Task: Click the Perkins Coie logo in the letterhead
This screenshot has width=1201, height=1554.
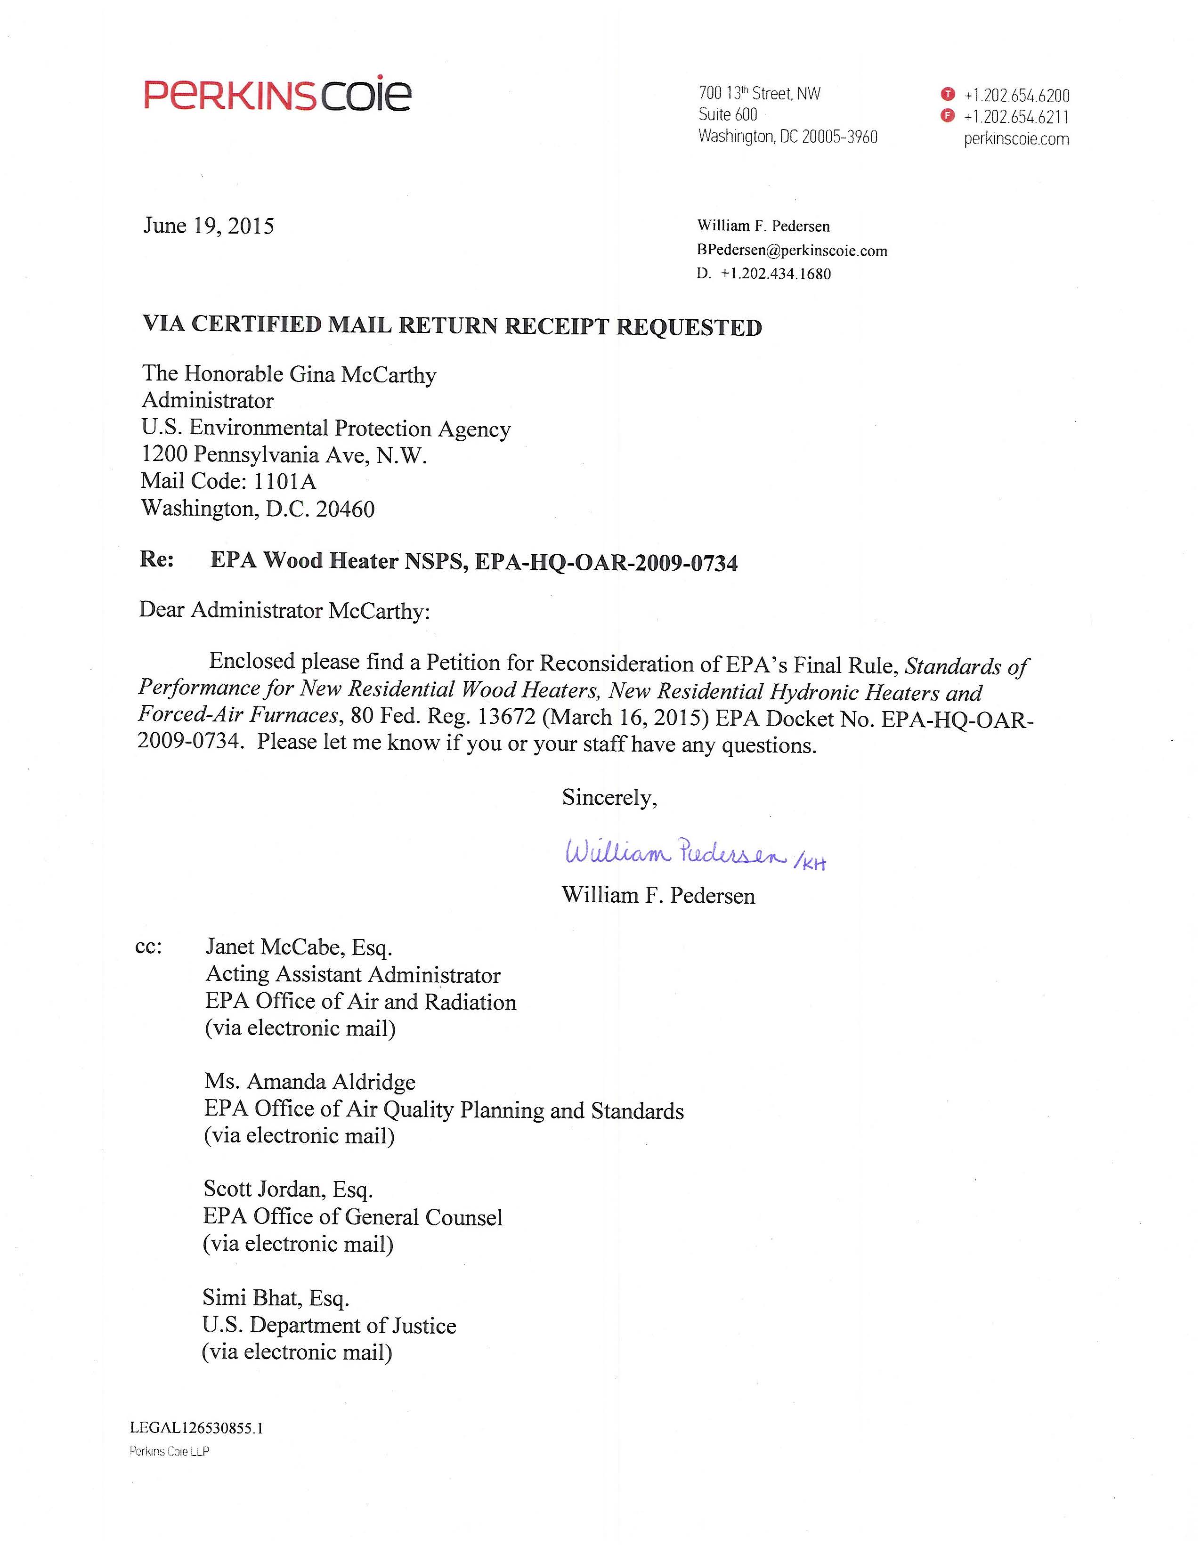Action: tap(277, 95)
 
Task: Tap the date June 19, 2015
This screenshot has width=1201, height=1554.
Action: tap(209, 226)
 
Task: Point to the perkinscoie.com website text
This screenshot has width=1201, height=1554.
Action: tap(1016, 139)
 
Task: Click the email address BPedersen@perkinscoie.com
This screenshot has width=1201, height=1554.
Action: tap(792, 251)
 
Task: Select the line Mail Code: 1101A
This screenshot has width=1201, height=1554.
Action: tap(228, 482)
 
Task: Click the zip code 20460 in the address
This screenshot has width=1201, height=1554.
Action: tap(345, 509)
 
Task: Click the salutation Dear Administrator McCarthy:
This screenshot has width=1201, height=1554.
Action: tap(284, 610)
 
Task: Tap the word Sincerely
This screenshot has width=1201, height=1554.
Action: tap(609, 798)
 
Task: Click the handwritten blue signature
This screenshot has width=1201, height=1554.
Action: tap(676, 852)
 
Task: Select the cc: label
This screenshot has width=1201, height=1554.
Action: tap(148, 947)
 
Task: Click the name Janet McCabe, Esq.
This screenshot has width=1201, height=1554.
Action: tap(299, 947)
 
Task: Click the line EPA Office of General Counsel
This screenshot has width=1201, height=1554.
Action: tap(353, 1217)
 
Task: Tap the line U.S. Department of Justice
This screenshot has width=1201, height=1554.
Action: tap(329, 1326)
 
